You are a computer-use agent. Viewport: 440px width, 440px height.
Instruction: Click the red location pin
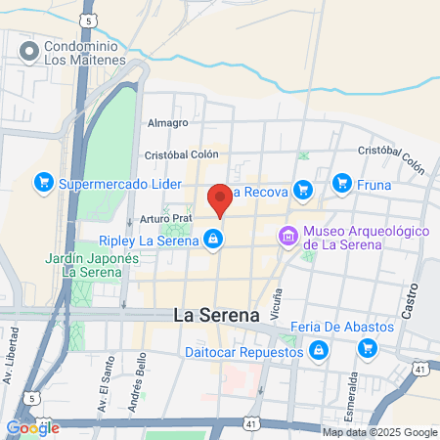pyautogui.click(x=220, y=198)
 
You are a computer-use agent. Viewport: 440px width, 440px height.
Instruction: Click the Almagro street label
pyautogui.click(x=167, y=123)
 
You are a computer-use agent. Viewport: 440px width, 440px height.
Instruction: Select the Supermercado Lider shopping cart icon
pyautogui.click(x=43, y=183)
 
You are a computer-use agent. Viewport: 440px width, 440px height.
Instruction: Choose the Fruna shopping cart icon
pyautogui.click(x=341, y=183)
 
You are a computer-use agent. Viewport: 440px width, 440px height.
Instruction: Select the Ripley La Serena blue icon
pyautogui.click(x=212, y=239)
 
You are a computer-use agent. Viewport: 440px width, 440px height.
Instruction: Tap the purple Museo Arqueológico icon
pyautogui.click(x=287, y=237)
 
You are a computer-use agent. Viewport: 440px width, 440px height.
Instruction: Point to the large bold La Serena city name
pyautogui.click(x=216, y=315)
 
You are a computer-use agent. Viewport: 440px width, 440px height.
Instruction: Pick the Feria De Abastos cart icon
pyautogui.click(x=368, y=347)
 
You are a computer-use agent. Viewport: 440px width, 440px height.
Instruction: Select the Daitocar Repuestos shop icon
pyautogui.click(x=319, y=349)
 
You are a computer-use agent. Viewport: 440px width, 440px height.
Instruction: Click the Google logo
pyautogui.click(x=32, y=427)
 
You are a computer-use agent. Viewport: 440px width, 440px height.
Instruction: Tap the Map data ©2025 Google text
pyautogui.click(x=380, y=432)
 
